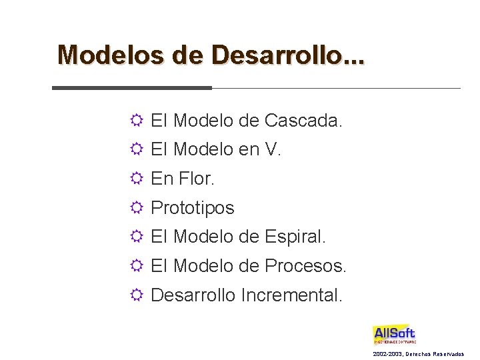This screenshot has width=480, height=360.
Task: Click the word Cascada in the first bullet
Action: pos(303,121)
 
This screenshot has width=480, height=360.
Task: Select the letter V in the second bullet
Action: pos(271,150)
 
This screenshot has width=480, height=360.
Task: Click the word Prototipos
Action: pos(193,208)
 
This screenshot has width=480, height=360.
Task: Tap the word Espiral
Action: pos(295,237)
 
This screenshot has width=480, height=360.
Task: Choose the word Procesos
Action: pos(305,266)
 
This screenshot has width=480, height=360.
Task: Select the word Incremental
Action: pos(292,295)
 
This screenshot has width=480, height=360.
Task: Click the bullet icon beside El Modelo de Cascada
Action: pos(136,121)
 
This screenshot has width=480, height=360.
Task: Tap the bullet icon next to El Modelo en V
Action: pos(136,151)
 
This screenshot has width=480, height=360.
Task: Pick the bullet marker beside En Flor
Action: pos(136,179)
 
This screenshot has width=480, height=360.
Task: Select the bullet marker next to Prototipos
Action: pos(136,208)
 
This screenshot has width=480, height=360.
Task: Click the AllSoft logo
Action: pos(394,335)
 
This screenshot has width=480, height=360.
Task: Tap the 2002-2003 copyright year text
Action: pos(388,353)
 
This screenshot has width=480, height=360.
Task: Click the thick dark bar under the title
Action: pos(132,88)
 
